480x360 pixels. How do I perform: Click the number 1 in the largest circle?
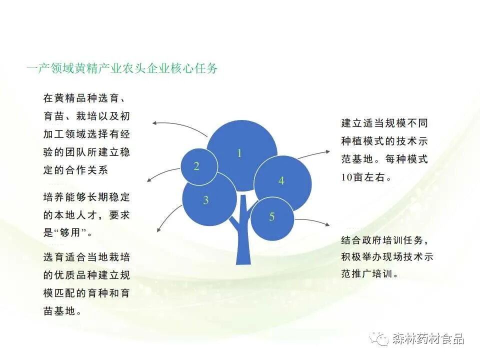[239, 153]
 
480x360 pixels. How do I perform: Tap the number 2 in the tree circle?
[196, 166]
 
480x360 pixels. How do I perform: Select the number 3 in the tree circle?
[205, 201]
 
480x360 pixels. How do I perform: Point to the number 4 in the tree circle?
[281, 181]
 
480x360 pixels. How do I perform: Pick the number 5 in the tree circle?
[271, 217]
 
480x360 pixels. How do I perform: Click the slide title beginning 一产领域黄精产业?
[122, 68]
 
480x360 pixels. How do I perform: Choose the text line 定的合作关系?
[75, 170]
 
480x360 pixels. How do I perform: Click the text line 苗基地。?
[63, 311]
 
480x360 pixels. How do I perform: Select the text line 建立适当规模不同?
[384, 123]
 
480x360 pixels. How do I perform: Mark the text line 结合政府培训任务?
[384, 240]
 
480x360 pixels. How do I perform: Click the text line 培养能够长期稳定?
[86, 197]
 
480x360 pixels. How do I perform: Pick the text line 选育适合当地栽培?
[86, 257]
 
